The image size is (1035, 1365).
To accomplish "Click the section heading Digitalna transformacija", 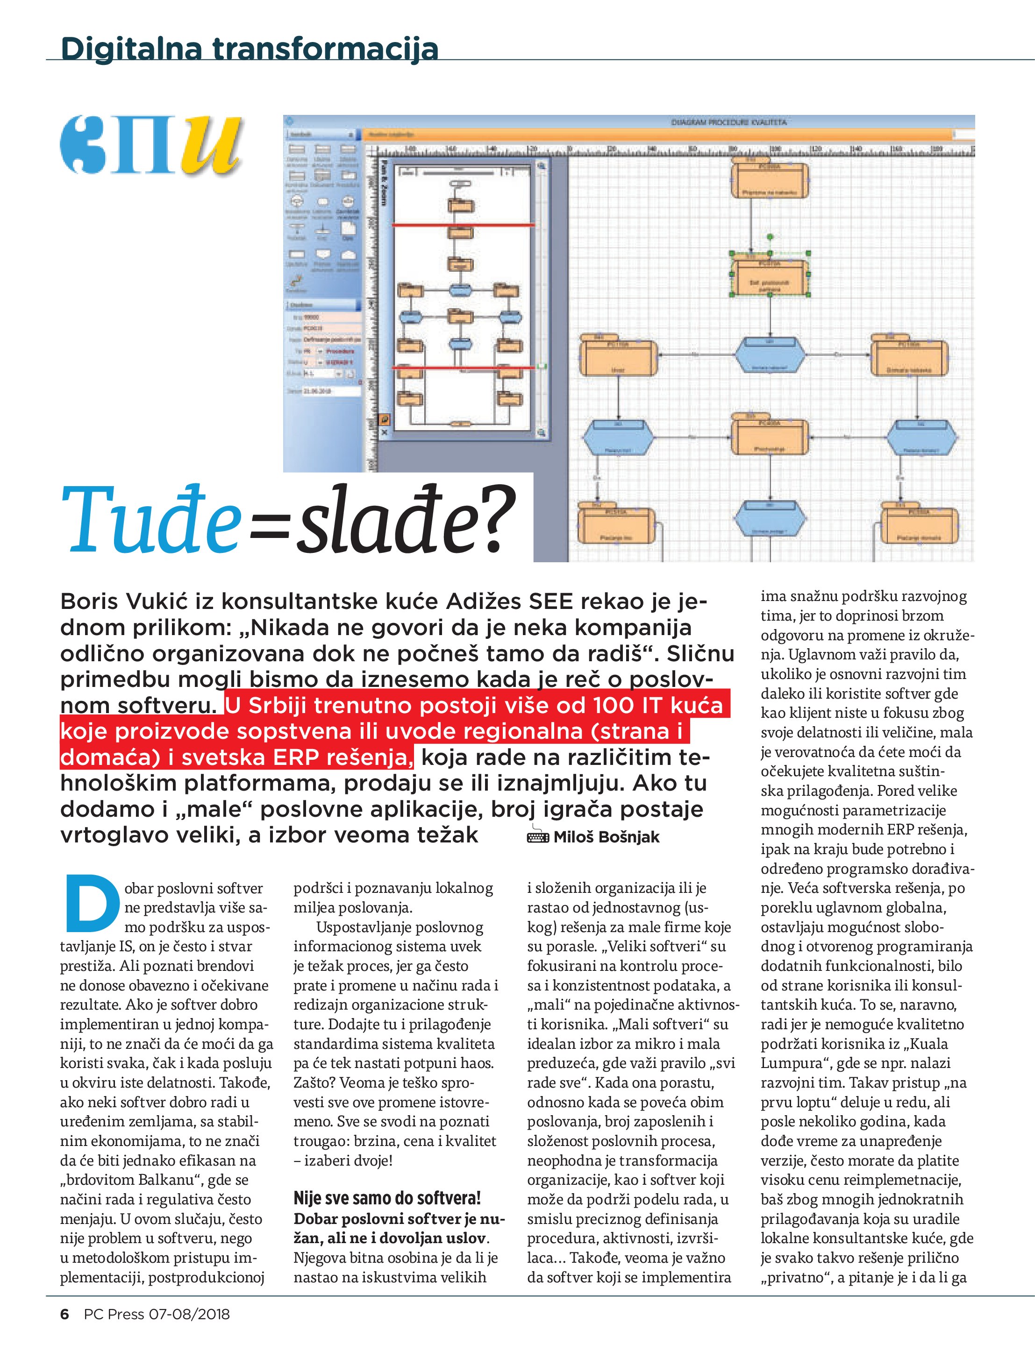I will coord(250,48).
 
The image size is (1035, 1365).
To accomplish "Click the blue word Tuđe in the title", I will coord(152,521).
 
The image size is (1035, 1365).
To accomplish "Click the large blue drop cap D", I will coord(92,902).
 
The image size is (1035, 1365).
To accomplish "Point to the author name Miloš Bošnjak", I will coord(606,837).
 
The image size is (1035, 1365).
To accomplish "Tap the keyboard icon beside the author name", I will coord(537,836).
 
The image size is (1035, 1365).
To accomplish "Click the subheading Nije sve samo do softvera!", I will coord(386,1198).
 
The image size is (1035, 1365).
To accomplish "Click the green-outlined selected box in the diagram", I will coord(770,276).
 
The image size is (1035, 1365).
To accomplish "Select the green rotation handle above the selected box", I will coord(770,236).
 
